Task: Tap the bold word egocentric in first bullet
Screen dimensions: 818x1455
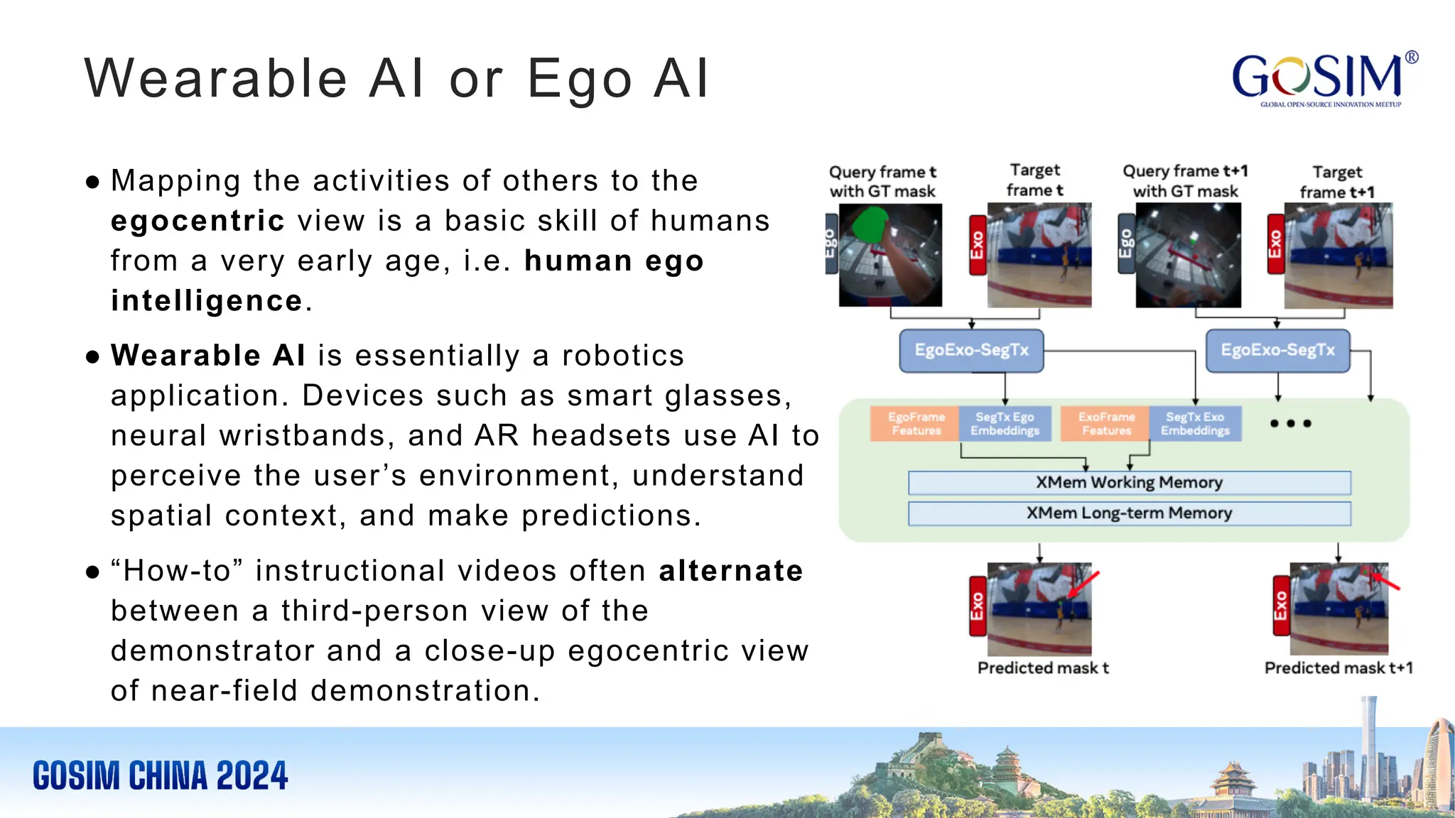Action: coord(198,221)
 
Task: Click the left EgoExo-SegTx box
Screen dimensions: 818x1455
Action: coord(971,350)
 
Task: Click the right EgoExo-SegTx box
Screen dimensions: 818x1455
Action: coord(1277,350)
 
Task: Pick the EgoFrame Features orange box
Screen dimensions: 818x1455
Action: coord(915,424)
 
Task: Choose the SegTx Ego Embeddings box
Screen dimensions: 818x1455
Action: coord(1005,424)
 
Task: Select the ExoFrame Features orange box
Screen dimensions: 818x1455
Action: coord(1105,424)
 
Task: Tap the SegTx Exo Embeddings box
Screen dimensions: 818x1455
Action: coord(1195,424)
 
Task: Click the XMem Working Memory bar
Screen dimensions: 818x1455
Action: coord(1129,483)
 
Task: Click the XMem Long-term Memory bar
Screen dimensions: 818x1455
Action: coord(1129,513)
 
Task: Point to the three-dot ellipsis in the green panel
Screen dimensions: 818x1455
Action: coord(1290,424)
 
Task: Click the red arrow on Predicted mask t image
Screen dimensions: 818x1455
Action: coord(1083,584)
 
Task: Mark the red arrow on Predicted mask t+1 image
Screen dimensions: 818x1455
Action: coord(1385,582)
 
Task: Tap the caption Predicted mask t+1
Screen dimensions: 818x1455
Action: coord(1338,668)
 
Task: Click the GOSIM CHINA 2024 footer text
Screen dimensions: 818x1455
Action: coord(160,775)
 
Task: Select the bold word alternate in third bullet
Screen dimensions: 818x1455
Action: coord(730,571)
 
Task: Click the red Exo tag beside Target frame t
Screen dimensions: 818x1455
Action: coord(978,245)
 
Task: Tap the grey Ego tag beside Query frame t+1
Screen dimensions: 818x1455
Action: coord(1126,244)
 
